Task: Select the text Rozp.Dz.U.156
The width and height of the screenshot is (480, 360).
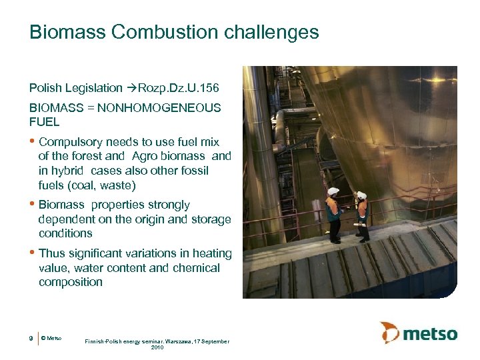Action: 180,87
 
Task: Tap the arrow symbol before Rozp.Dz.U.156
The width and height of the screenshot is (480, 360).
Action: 131,87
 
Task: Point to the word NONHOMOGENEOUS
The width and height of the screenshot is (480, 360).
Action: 159,107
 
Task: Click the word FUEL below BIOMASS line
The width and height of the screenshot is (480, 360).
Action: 44,122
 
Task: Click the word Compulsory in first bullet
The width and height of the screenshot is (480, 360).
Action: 70,142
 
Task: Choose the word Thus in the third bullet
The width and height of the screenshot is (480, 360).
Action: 51,253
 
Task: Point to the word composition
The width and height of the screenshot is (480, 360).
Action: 70,282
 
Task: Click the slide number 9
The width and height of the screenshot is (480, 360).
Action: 31,339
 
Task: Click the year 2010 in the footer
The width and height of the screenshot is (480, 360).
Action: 157,347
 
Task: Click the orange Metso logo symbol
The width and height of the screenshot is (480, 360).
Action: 389,333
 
